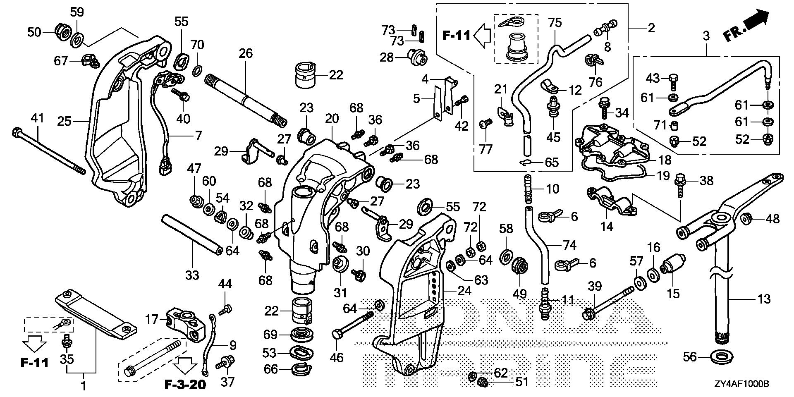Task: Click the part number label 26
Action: (x=245, y=53)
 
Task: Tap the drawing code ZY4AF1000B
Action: (x=741, y=384)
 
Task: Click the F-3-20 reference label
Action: (x=185, y=385)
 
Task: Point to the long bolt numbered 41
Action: (x=50, y=151)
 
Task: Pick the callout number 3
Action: (x=706, y=36)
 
